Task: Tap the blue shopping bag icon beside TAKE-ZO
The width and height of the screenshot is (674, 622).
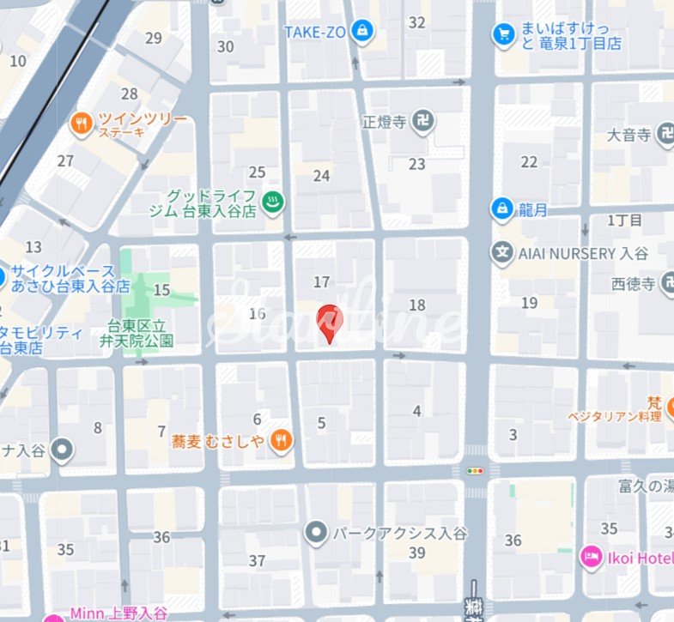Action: (363, 30)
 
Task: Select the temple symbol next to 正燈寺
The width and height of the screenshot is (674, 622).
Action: (422, 122)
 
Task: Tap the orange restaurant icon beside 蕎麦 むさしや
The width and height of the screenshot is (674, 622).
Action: (281, 441)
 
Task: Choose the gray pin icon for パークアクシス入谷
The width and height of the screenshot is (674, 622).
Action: (317, 534)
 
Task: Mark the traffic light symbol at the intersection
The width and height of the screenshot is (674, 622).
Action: (475, 470)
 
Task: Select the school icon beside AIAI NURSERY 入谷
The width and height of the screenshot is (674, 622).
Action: (501, 253)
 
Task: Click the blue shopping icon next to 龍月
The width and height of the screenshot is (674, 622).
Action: (501, 208)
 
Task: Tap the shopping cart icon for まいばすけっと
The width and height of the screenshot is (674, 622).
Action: (502, 34)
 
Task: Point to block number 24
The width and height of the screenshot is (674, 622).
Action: (321, 176)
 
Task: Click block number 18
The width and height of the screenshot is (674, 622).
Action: (417, 305)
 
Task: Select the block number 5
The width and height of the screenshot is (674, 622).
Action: (322, 423)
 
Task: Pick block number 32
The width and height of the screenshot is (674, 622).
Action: (417, 23)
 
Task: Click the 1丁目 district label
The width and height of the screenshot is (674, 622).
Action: (624, 220)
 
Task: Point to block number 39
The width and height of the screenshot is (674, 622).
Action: (417, 553)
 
